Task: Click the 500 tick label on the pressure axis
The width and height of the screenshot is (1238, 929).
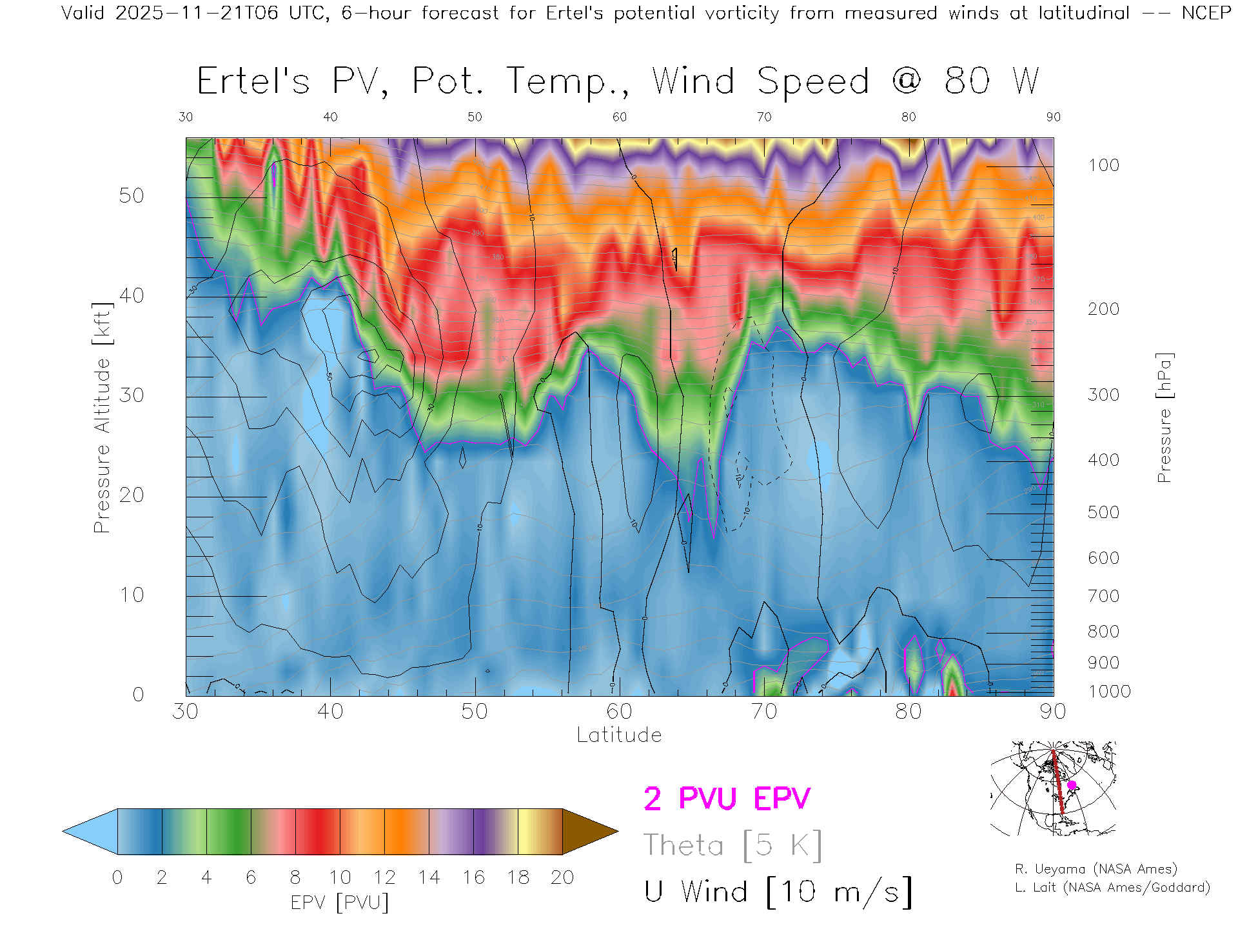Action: tap(1103, 512)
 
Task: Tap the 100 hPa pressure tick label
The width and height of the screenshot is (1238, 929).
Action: tap(1103, 165)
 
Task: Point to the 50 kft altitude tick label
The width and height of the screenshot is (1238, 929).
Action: tap(131, 195)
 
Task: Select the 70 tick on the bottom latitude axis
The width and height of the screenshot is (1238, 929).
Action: tap(763, 712)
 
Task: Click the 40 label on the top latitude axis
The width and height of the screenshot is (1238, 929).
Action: tap(330, 117)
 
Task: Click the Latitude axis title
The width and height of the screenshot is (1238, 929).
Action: tap(619, 735)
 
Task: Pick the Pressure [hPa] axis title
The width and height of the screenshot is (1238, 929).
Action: tap(1164, 417)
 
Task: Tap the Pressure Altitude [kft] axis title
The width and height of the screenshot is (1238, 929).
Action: tap(102, 417)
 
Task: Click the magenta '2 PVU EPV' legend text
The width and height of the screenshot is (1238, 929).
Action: tap(727, 799)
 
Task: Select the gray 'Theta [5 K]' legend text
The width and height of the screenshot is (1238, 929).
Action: tap(732, 845)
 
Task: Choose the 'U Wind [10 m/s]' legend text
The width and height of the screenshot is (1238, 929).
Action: tap(778, 892)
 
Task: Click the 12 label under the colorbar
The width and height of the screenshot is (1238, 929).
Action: tap(384, 877)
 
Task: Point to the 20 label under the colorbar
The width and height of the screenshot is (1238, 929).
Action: tap(562, 877)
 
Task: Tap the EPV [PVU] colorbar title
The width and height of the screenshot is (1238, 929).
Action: tap(340, 903)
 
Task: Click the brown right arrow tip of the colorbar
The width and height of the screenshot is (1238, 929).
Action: tap(590, 832)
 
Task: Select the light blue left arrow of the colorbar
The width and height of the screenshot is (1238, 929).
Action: tap(90, 832)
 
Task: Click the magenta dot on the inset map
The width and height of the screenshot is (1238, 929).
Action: tap(1072, 785)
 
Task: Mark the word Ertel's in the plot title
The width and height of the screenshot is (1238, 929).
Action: tap(253, 82)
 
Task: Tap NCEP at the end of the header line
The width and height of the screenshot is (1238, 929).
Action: tap(1206, 13)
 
